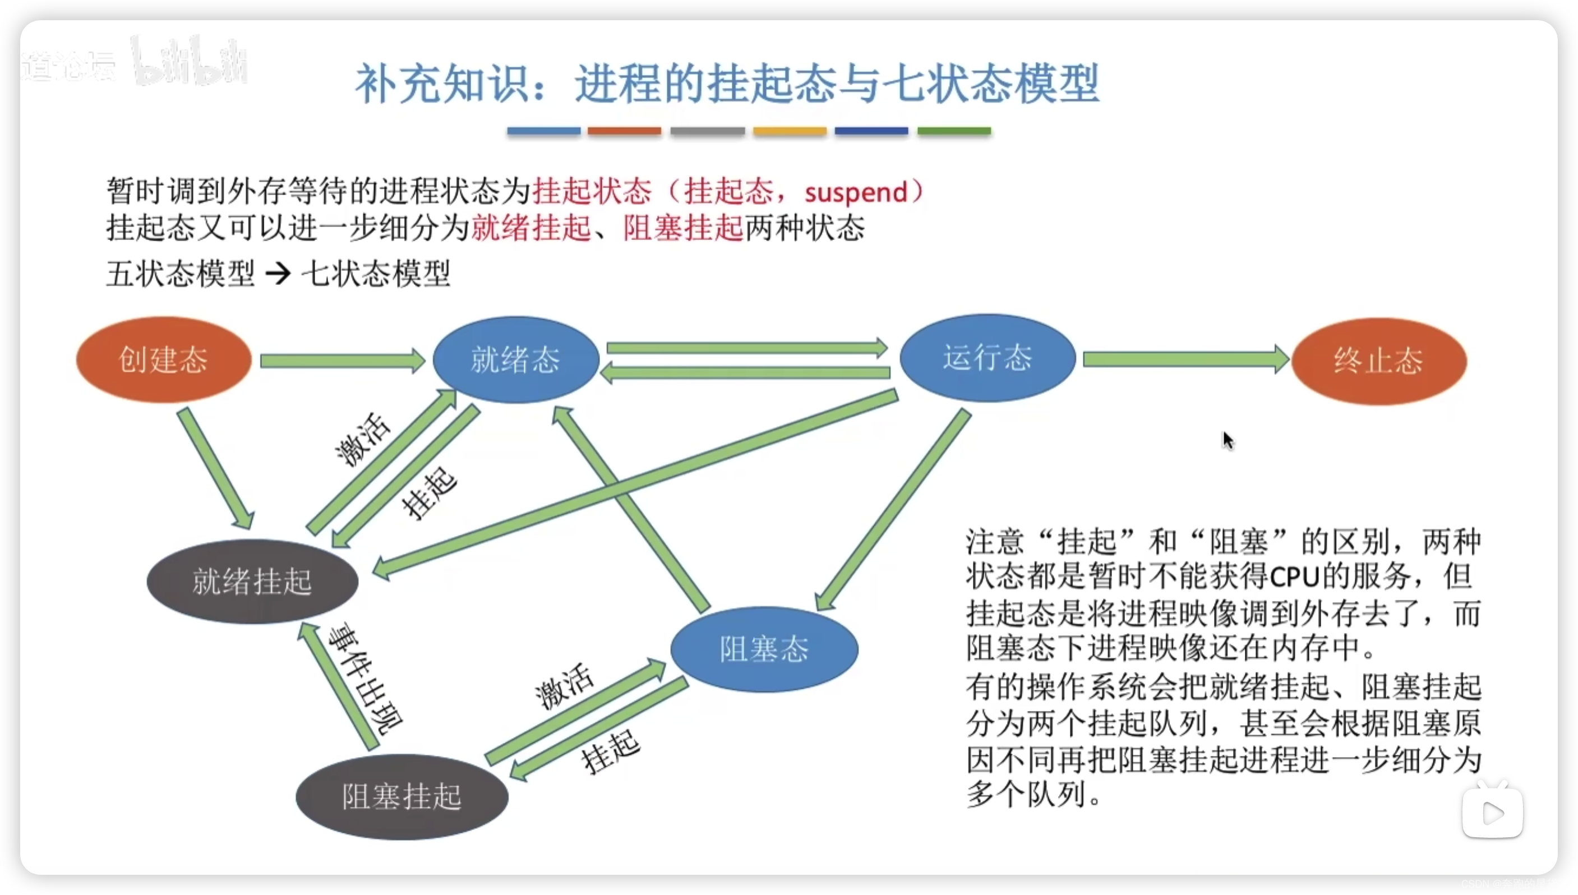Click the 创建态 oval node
(163, 359)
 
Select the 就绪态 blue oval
(515, 359)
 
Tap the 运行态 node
(988, 358)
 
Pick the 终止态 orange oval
(1378, 361)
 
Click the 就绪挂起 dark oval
(252, 582)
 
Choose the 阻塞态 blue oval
(764, 649)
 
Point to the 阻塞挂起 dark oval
(402, 797)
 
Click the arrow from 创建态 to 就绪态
(342, 361)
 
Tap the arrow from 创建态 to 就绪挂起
(215, 467)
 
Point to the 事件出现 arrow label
(366, 679)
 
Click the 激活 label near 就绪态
(363, 439)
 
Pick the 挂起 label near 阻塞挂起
(610, 751)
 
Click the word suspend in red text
(856, 192)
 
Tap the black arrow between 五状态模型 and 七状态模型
(278, 274)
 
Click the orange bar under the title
(624, 131)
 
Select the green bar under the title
(954, 131)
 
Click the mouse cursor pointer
(1228, 440)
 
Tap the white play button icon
(1492, 813)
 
